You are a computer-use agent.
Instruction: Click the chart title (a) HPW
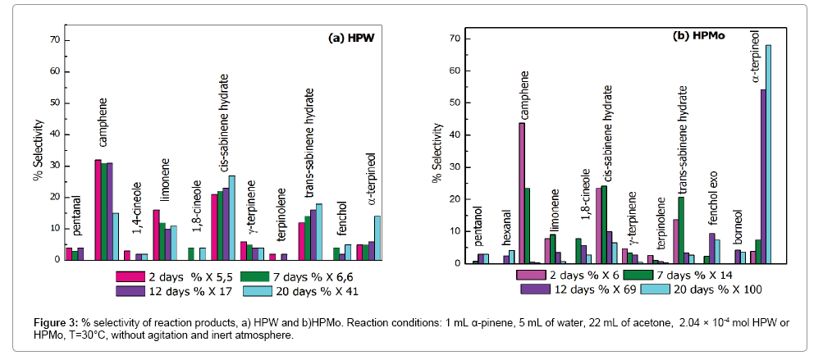click(352, 38)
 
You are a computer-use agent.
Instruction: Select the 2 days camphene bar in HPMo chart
click(522, 193)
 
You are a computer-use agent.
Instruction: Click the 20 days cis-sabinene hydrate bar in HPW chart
click(231, 217)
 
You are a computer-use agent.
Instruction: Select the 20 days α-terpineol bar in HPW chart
click(377, 238)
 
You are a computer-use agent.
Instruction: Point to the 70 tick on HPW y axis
click(57, 39)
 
